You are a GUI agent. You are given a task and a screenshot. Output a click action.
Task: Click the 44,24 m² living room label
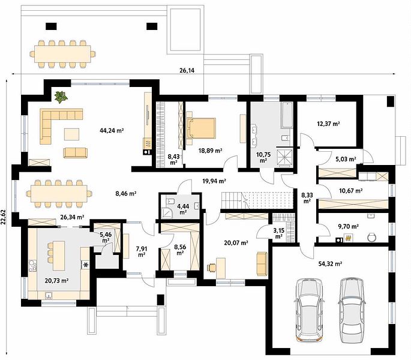coord(112,130)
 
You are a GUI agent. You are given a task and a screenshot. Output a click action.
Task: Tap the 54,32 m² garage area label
coord(330,264)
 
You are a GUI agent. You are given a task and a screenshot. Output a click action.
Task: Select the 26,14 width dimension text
coord(187,70)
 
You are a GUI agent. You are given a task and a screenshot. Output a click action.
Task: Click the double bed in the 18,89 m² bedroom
coord(201,128)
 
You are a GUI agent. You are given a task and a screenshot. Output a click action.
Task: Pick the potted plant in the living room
coord(61,97)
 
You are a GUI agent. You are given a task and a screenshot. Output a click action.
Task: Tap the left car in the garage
coord(309,310)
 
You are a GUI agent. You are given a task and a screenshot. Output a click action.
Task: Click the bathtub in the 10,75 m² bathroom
coord(286,115)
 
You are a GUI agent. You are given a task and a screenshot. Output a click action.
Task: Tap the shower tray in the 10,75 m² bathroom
coord(284,157)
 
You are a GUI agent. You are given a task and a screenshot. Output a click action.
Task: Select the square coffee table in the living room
coord(71,134)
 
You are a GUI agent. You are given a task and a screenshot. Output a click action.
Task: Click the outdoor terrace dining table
coord(63,54)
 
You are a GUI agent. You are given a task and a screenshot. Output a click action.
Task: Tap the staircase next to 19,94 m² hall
coord(257,200)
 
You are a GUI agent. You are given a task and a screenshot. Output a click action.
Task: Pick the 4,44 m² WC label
coord(183,209)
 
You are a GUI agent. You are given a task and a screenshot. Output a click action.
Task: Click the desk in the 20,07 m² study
coord(221,268)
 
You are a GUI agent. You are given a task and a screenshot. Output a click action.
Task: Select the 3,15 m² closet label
coord(278,233)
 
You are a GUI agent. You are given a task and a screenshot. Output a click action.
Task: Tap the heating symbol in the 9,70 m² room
coord(348,238)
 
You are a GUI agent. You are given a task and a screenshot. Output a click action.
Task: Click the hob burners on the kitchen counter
coord(32,265)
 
